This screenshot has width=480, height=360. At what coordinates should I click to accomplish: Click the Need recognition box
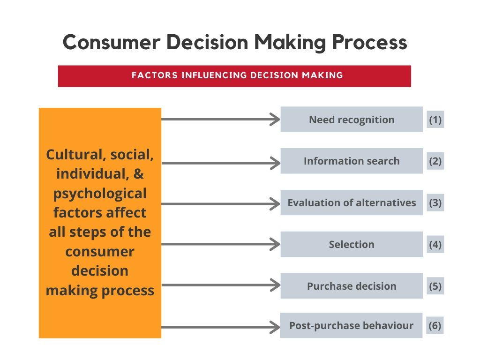click(352, 120)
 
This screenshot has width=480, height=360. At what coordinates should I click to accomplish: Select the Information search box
click(352, 161)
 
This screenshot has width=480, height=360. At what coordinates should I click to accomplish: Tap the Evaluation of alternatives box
click(352, 202)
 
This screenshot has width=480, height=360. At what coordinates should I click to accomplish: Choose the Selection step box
click(352, 244)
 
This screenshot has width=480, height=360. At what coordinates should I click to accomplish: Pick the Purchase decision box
click(352, 286)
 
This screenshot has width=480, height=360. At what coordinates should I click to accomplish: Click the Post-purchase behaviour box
click(351, 325)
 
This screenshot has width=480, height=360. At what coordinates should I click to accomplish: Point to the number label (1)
click(435, 120)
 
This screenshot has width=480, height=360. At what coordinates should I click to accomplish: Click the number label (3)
click(435, 203)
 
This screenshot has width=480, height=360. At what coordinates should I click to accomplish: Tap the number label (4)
click(435, 245)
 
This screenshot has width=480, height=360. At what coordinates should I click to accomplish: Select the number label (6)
click(435, 325)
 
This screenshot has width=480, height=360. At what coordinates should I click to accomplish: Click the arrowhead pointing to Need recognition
click(275, 120)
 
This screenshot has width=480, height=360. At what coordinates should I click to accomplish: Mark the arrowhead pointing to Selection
click(275, 244)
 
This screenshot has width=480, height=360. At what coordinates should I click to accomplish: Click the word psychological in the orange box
click(100, 193)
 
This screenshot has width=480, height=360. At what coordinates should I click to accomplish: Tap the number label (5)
click(435, 286)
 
